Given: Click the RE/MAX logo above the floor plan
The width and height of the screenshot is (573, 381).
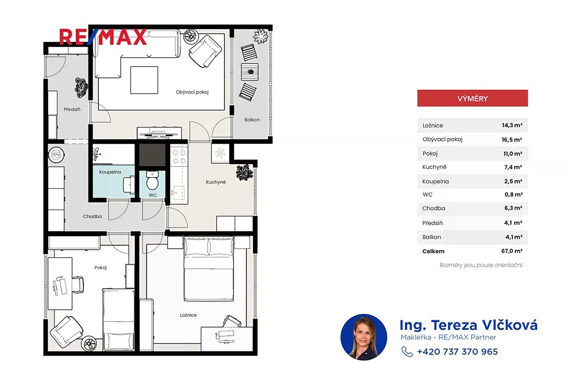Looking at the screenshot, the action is [103, 37].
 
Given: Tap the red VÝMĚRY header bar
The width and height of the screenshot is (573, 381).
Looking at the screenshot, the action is [472, 98].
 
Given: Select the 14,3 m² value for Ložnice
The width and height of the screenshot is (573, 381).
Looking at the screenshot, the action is [512, 125].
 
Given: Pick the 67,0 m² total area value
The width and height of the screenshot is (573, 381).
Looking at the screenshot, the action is [511, 251].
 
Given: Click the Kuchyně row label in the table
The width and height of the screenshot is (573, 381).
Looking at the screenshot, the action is [435, 167].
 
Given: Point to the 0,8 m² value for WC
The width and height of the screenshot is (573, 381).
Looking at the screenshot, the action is [513, 195].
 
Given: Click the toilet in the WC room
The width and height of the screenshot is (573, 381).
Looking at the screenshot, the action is [152, 180].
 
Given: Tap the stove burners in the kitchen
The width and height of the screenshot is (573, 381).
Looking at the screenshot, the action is [179, 157].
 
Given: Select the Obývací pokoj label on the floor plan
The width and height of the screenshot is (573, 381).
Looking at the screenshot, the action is [192, 92].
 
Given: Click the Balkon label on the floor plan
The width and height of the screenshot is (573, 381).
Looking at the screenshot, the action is [252, 120].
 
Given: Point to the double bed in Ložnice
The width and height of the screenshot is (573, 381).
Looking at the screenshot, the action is [209, 268].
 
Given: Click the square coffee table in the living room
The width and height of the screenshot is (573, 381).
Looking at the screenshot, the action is [144, 80].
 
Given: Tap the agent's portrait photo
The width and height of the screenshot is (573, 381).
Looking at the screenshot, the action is [364, 337].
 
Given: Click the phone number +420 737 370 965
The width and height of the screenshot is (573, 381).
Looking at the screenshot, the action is [457, 351].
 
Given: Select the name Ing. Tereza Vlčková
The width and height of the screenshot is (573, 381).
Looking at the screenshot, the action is [468, 325].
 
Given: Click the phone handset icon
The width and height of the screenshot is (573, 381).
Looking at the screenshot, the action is [407, 351].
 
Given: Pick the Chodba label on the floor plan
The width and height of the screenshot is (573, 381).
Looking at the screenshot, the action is [92, 216].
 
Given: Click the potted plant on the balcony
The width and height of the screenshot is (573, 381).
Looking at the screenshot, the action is [261, 36].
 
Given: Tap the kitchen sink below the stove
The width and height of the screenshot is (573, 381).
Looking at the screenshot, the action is [178, 192].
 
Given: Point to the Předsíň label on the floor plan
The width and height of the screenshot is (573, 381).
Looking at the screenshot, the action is [72, 109].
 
